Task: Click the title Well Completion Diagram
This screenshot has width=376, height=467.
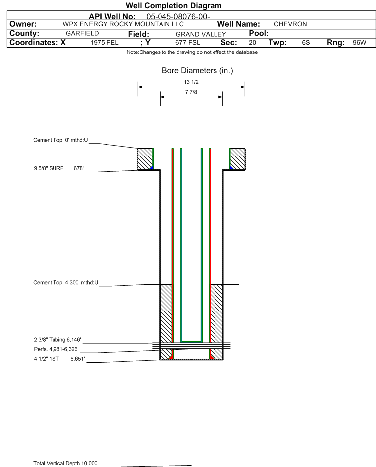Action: coord(173,5)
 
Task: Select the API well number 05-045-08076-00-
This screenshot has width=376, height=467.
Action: coord(178,17)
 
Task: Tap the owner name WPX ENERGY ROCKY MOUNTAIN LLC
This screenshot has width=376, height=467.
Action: coord(123,24)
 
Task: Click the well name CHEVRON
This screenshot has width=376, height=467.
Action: coord(290,24)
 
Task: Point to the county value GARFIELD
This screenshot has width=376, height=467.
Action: coord(82,33)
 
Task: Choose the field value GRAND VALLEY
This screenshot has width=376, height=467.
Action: coord(201,34)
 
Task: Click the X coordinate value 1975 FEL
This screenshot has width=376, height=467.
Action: coord(104,42)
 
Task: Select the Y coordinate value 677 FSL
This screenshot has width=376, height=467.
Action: coord(188,42)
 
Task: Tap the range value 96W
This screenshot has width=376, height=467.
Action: coord(359,42)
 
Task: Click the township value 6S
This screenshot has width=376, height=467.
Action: coord(306,42)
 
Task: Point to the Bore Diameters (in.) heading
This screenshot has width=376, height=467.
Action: coord(198,71)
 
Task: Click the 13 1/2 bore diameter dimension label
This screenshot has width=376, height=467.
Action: coord(191,82)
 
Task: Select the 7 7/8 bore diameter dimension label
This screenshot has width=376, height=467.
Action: coord(191,92)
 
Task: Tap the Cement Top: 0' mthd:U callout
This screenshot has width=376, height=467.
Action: coord(60,140)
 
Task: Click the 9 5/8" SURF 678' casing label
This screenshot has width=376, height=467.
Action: coord(58,168)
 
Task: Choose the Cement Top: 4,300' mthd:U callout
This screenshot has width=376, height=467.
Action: coord(65,283)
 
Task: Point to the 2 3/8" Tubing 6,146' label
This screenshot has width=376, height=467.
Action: coord(57,340)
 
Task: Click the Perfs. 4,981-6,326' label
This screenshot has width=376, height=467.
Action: coord(56,349)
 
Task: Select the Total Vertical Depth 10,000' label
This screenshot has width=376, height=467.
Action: coord(66,463)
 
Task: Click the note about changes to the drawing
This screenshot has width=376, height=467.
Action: coord(192,52)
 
